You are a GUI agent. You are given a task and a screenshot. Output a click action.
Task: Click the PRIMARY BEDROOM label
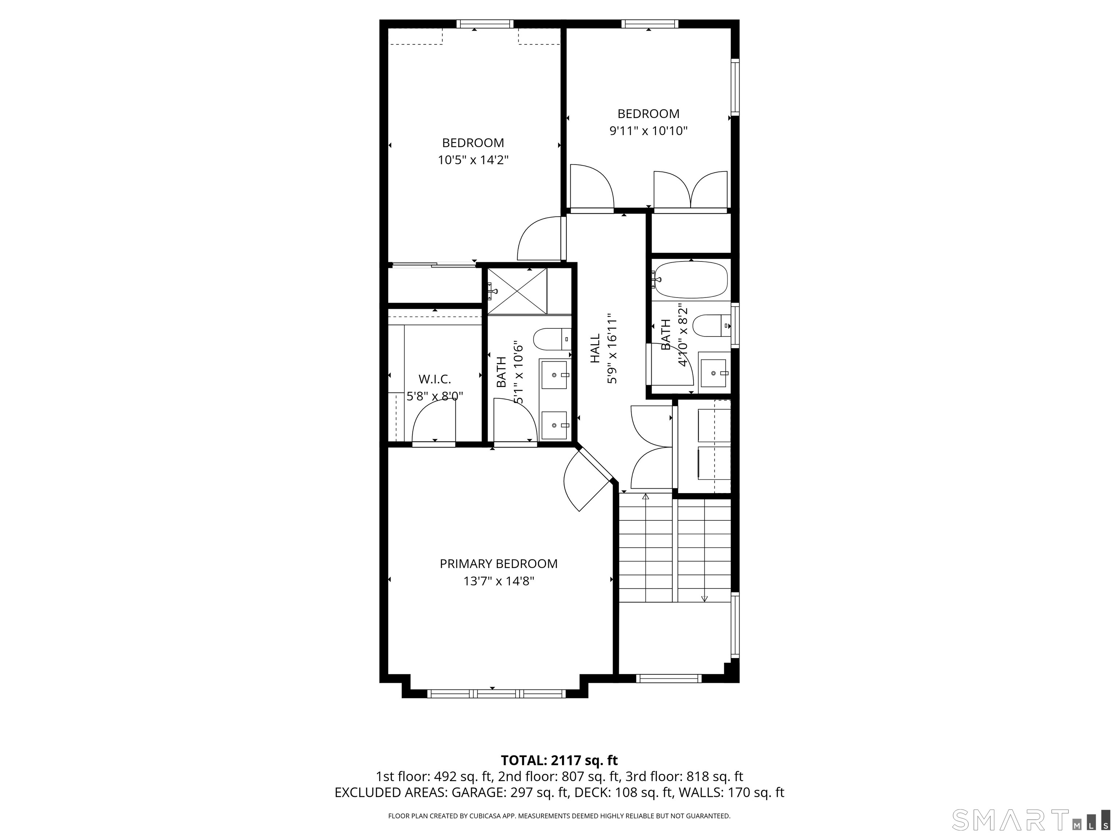point(498,563)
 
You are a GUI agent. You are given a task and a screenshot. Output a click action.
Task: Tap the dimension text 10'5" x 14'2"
point(473,160)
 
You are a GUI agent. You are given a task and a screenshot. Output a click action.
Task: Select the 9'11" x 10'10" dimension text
point(648,131)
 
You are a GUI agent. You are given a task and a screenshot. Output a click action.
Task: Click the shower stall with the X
point(517,291)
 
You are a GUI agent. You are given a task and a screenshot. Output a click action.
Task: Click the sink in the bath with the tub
point(714,373)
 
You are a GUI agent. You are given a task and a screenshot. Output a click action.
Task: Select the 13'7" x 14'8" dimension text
point(499,582)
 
